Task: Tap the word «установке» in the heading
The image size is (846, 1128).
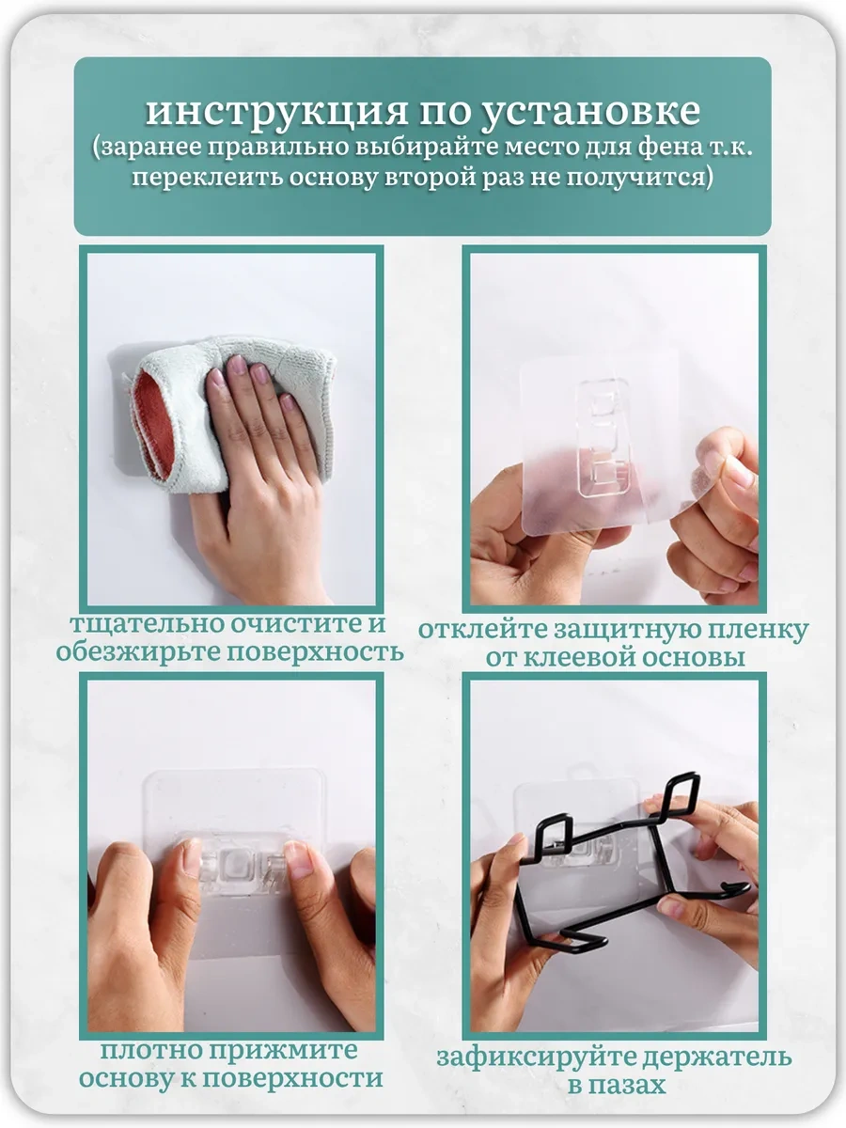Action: (590, 112)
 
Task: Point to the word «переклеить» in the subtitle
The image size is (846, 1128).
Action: (208, 178)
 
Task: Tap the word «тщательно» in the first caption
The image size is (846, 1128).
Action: (146, 624)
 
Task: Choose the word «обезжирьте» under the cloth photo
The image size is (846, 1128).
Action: (136, 652)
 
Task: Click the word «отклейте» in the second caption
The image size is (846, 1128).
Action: (481, 631)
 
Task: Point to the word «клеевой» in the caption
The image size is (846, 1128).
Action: (582, 658)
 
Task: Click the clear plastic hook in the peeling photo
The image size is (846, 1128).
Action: (604, 438)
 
